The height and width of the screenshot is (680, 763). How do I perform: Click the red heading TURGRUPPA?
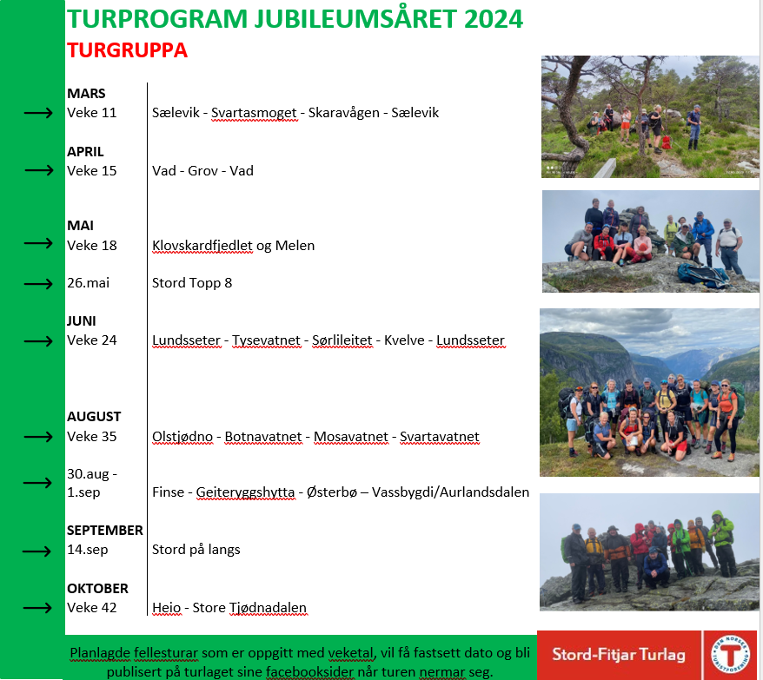click(127, 50)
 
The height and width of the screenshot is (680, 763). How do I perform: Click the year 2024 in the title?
click(493, 19)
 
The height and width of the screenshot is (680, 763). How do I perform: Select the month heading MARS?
click(86, 94)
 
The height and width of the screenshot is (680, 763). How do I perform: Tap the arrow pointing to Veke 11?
click(38, 113)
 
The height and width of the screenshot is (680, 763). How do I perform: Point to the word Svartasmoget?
click(254, 113)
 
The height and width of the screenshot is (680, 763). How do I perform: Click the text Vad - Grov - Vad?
click(202, 171)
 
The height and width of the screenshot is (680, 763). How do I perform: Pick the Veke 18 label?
click(92, 246)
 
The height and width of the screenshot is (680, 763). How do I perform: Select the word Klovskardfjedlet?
click(202, 246)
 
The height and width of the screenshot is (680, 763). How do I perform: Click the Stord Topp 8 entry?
click(192, 283)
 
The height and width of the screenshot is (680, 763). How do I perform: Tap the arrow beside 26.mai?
click(38, 283)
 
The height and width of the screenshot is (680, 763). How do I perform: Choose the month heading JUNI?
click(82, 321)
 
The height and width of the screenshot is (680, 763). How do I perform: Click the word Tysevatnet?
click(266, 340)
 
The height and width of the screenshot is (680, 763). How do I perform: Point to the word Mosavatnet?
click(351, 437)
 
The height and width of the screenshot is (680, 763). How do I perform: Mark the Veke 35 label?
click(92, 437)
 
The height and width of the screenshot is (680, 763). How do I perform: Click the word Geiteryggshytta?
click(245, 492)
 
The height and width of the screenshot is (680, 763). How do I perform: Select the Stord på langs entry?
click(196, 550)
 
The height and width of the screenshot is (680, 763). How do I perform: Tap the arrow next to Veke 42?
click(37, 608)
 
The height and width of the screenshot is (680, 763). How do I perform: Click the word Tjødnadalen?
click(268, 608)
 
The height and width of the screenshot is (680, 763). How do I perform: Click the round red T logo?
click(730, 654)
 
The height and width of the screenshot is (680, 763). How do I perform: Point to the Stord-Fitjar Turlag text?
click(619, 655)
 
